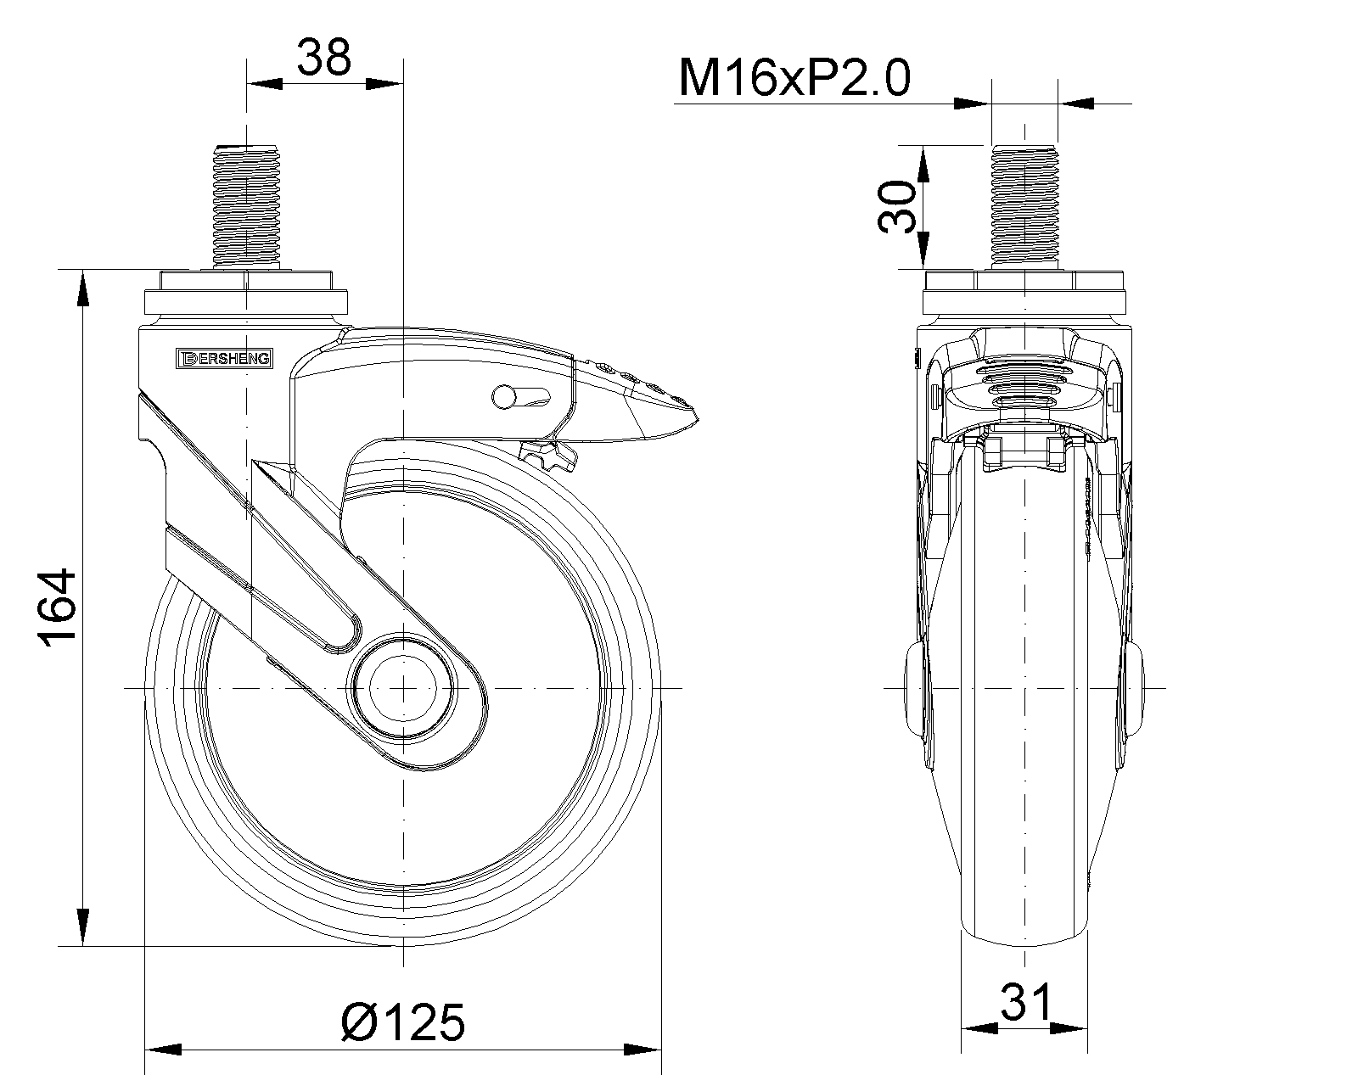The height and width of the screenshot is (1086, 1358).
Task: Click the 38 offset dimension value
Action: tap(323, 58)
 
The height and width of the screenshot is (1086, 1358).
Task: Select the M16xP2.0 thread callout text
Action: tap(794, 78)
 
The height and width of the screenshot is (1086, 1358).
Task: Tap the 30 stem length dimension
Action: tap(897, 206)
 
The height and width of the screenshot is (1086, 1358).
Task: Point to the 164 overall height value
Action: tap(58, 607)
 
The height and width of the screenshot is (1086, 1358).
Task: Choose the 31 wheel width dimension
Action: tap(1025, 1003)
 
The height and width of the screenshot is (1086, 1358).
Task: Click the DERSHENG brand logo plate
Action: tap(224, 358)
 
